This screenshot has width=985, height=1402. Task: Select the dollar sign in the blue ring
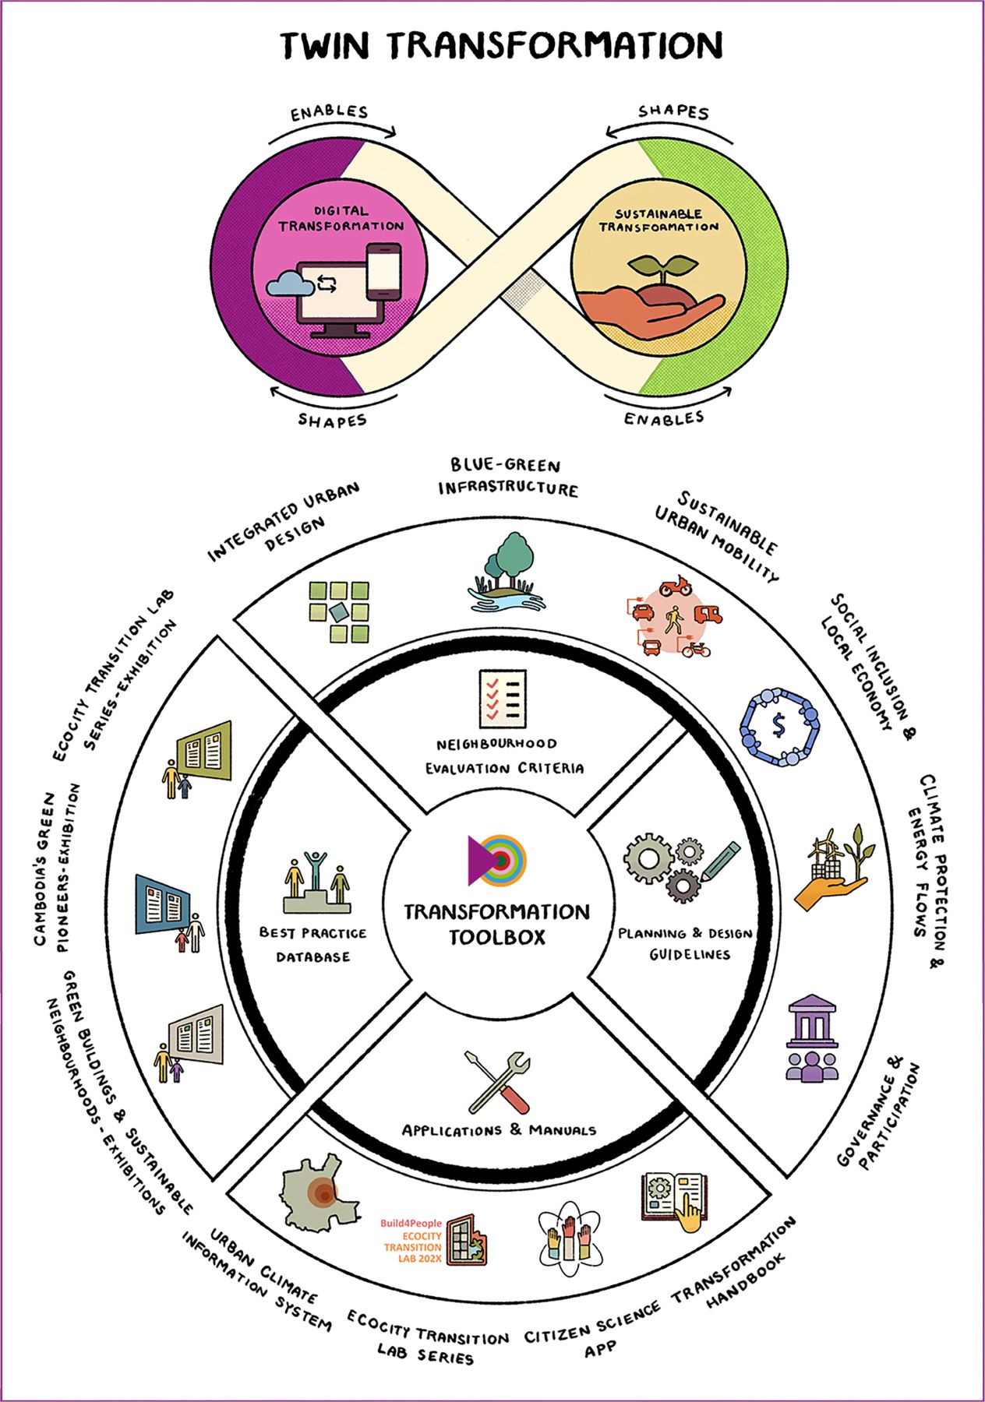(778, 725)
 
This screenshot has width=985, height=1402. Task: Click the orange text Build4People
(410, 1224)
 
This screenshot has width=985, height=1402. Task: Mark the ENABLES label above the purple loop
(329, 112)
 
